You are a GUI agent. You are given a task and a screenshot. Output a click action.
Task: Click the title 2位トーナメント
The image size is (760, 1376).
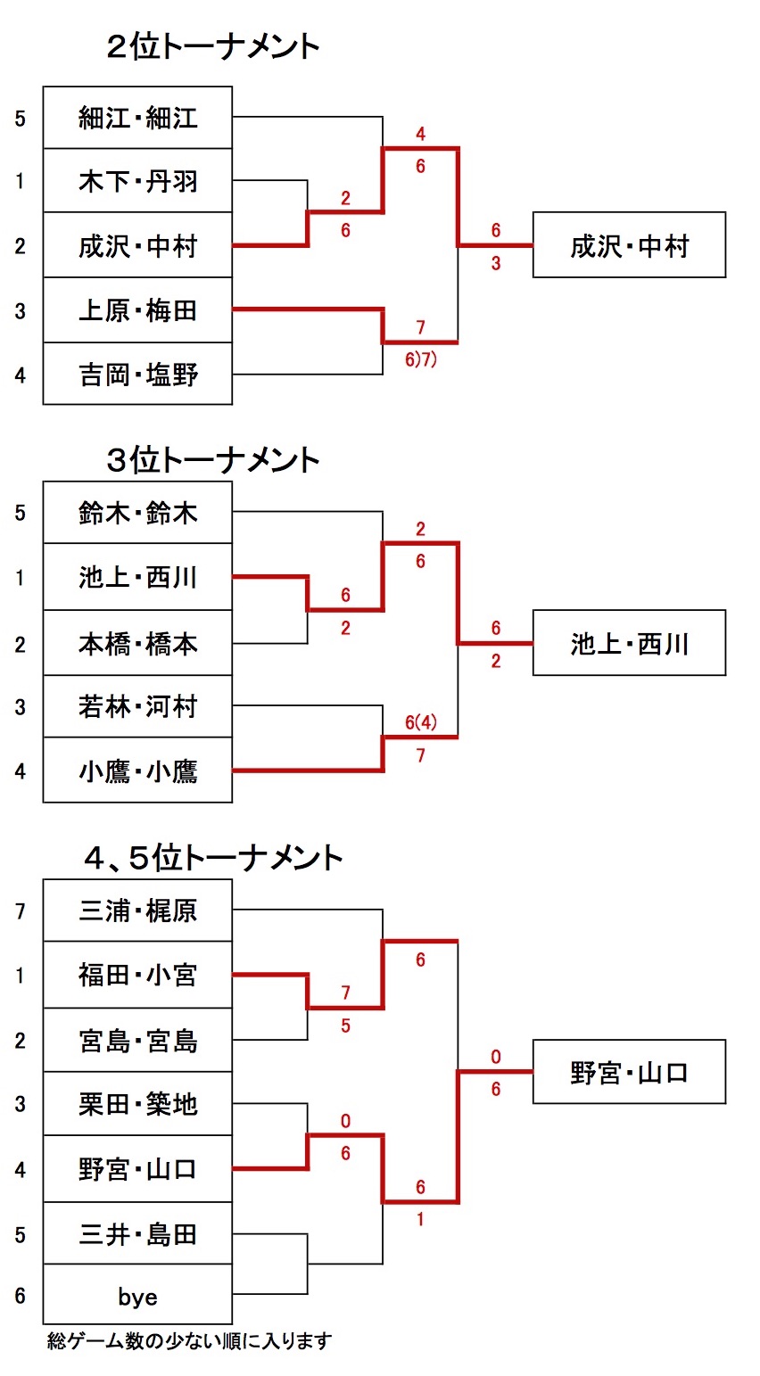212,46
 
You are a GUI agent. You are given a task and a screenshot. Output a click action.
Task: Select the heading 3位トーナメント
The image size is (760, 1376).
212,460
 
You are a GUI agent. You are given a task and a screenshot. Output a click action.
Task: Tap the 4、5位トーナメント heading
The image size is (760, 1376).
212,858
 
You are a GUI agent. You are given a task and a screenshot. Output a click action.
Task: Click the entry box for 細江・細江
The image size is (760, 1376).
137,118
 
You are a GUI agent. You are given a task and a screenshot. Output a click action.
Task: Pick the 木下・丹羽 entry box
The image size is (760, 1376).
137,182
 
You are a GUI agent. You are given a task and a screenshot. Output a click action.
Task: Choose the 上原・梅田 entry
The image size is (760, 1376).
137,310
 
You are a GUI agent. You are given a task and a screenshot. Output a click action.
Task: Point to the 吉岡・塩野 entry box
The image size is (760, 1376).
137,375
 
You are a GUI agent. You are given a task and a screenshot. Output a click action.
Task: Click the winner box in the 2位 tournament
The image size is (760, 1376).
629,245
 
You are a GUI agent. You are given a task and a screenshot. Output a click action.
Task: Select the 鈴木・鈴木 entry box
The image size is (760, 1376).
137,513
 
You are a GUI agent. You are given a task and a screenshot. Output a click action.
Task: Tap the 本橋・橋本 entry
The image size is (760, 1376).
137,643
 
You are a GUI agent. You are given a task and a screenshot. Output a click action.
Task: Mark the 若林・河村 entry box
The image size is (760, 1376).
137,707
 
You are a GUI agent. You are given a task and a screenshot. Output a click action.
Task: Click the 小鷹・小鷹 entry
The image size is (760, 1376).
137,770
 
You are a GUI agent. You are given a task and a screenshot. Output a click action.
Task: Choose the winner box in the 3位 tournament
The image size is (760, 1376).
629,643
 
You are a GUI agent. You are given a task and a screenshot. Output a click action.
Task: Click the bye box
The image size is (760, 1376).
137,1296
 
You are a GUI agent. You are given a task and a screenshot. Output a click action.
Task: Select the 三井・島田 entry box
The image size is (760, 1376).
137,1234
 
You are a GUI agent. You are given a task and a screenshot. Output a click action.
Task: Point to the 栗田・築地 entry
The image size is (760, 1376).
137,1104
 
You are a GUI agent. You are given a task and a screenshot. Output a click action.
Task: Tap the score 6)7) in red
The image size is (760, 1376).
421,360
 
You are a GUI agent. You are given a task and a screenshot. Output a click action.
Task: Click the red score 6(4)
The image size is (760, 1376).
421,722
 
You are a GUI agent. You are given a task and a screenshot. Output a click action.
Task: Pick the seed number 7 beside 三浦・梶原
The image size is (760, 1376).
21,910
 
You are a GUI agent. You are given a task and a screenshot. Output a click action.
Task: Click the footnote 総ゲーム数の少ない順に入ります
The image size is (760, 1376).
189,1340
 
